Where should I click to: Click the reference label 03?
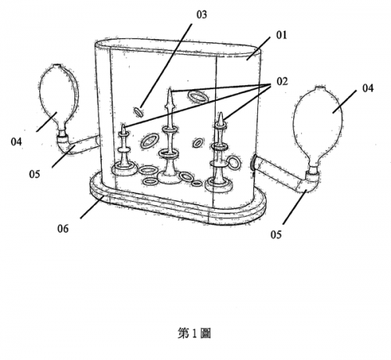tap(202, 15)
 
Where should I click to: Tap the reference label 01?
tap(282, 35)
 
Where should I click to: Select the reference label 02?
tap(282, 81)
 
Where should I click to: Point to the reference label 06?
tap(63, 229)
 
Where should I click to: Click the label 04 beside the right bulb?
tap(368, 88)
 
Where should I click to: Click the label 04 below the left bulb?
tap(16, 142)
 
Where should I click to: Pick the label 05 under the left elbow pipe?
tap(34, 174)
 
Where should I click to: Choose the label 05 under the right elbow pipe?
tap(276, 235)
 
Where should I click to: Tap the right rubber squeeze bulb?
tap(318, 126)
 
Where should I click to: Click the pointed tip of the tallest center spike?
tap(170, 88)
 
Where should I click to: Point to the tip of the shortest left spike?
tap(124, 125)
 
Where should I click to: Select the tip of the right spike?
tap(221, 113)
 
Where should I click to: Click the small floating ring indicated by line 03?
tap(138, 112)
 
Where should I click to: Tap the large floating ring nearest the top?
tap(199, 97)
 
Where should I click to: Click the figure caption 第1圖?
tap(194, 333)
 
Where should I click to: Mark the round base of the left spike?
tap(124, 170)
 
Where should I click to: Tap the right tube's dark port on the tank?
tap(253, 162)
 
